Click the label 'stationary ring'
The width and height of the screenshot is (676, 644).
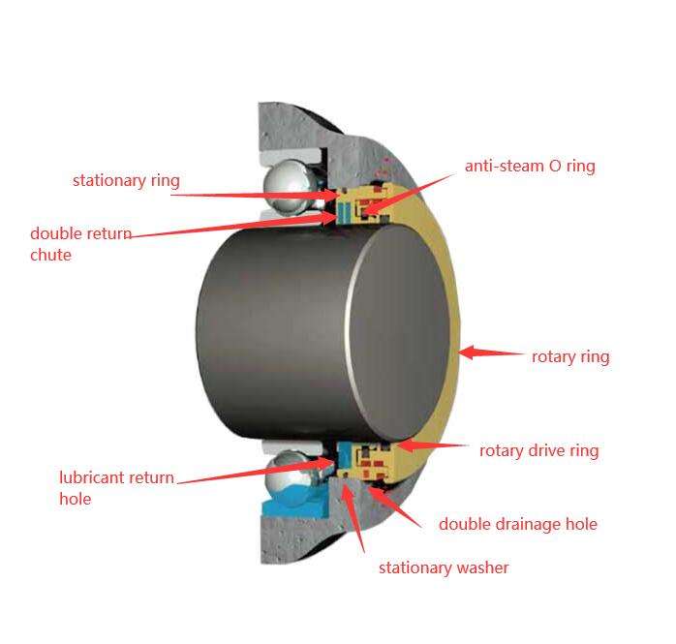point(126,180)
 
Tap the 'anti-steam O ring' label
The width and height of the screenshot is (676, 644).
point(530,166)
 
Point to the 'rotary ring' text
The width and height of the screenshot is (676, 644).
point(570,356)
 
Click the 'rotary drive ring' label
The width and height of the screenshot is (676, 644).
point(538,450)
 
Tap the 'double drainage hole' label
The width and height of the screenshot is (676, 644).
point(517,524)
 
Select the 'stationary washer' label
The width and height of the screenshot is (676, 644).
point(443,567)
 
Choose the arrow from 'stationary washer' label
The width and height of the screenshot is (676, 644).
point(355,523)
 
